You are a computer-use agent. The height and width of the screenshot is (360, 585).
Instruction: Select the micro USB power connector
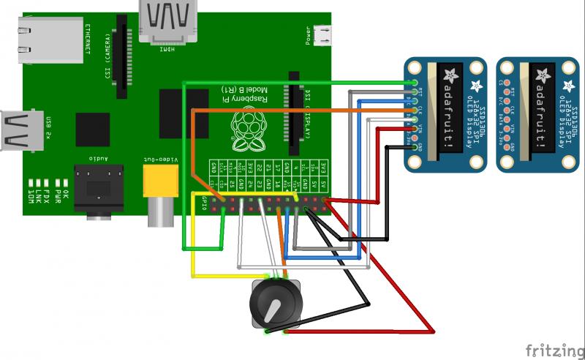(322, 34)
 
